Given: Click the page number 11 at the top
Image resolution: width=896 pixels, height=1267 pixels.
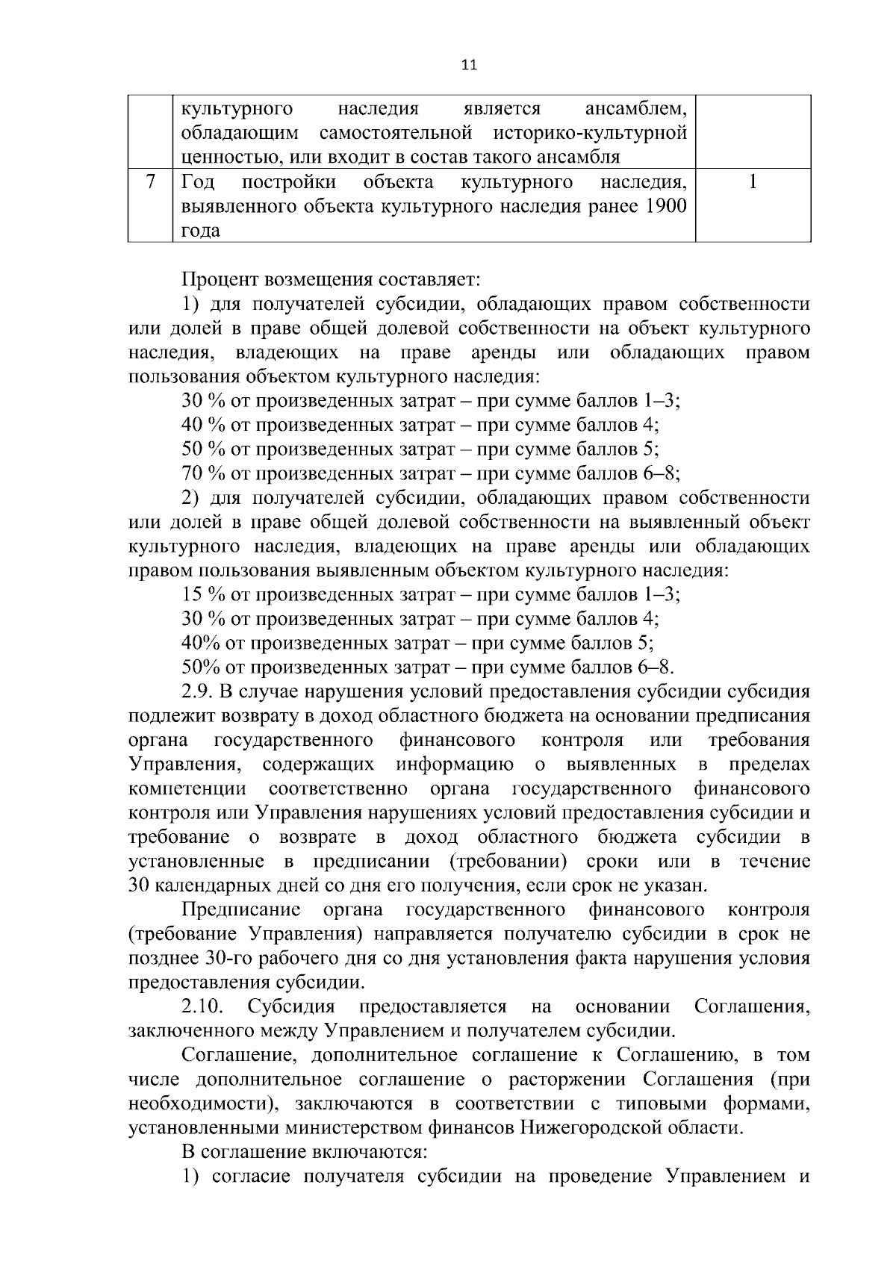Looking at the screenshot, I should tap(469, 65).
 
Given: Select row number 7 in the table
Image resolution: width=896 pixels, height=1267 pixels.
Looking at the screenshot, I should tap(150, 183).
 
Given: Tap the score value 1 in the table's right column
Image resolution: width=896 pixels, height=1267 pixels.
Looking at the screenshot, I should tap(753, 183).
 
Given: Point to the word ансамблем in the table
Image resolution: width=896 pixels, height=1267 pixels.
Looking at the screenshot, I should tap(635, 109).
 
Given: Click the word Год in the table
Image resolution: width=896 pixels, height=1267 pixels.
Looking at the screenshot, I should tap(198, 183).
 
